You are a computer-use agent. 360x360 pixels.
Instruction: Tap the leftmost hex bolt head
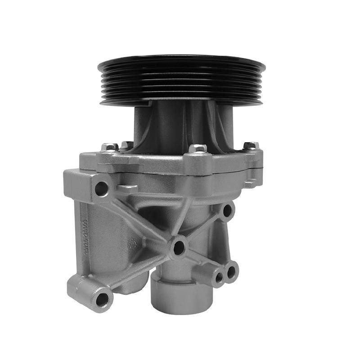coord(109,147)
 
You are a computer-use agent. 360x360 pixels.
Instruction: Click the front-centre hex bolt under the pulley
coord(197,148)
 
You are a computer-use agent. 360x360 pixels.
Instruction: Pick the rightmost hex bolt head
coord(251,146)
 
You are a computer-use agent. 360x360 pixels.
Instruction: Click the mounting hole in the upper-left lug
coord(101,189)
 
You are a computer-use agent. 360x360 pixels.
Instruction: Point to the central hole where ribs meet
coord(179,247)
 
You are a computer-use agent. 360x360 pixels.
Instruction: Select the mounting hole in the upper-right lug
coord(227,210)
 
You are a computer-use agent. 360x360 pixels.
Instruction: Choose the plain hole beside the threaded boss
coord(231,271)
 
